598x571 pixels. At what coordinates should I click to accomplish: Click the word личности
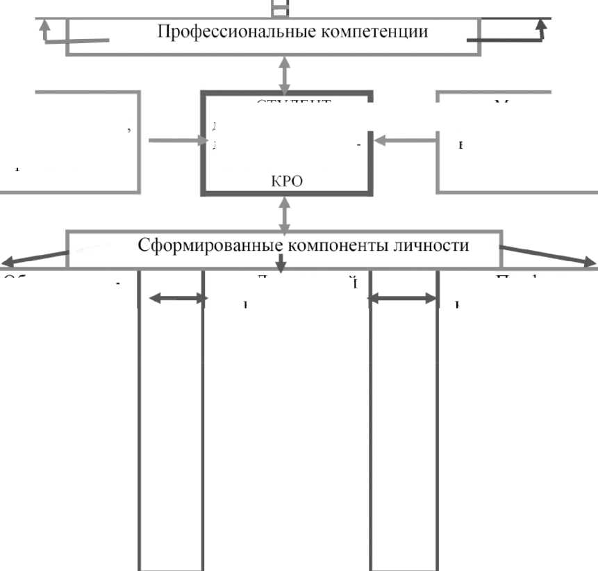tap(427, 245)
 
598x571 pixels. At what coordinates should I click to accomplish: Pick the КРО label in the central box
tap(287, 181)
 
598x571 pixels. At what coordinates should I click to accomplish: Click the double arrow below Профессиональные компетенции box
tap(283, 72)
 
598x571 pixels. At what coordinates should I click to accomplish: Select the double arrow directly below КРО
tap(283, 213)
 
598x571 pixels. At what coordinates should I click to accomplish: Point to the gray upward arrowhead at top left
tap(45, 26)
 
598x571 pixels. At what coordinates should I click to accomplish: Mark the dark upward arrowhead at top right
tap(542, 26)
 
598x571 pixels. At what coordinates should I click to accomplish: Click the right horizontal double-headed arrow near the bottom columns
tap(402, 299)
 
